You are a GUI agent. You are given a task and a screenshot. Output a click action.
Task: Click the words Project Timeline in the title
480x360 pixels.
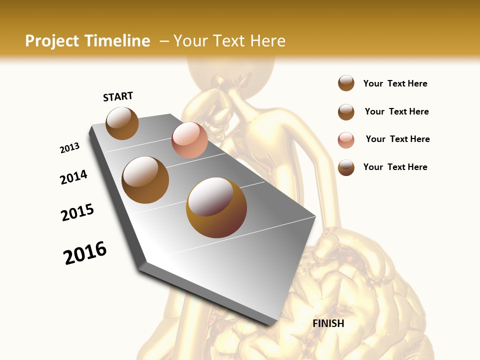pyautogui.click(x=87, y=41)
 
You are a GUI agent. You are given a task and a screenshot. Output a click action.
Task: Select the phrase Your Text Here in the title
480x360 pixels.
pyautogui.click(x=229, y=41)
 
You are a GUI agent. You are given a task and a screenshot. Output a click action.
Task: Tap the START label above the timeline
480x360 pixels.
pyautogui.click(x=118, y=96)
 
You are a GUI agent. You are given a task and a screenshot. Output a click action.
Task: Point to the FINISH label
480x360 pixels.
pyautogui.click(x=328, y=323)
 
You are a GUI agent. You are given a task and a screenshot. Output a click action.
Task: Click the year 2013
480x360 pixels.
pyautogui.click(x=69, y=148)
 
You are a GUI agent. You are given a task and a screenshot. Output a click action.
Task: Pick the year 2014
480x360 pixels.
pyautogui.click(x=73, y=177)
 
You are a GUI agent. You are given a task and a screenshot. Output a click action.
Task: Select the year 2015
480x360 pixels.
pyautogui.click(x=77, y=212)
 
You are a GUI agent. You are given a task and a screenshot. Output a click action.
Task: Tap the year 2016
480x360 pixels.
pyautogui.click(x=85, y=253)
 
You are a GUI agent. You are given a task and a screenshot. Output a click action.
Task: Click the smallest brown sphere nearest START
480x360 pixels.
pyautogui.click(x=122, y=123)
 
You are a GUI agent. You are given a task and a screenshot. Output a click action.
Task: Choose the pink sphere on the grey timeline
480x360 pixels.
pyautogui.click(x=189, y=140)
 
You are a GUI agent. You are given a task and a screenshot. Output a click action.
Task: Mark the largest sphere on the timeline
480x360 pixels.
pyautogui.click(x=216, y=207)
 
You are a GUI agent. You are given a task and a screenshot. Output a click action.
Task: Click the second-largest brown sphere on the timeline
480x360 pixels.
pyautogui.click(x=145, y=180)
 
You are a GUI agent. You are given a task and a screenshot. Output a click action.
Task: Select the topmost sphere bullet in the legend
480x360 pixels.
pyautogui.click(x=346, y=83)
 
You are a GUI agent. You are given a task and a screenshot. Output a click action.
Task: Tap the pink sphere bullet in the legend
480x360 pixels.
pyautogui.click(x=346, y=140)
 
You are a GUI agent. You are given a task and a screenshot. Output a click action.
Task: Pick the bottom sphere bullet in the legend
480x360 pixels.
pyautogui.click(x=346, y=167)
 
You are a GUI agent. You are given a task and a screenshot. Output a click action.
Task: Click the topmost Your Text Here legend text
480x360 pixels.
pyautogui.click(x=395, y=83)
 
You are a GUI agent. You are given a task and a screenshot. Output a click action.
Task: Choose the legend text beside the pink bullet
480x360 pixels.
pyautogui.click(x=397, y=139)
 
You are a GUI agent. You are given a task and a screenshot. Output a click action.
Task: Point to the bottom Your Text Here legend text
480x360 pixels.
pyautogui.click(x=395, y=167)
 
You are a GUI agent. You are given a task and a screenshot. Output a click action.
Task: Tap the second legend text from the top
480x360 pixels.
pyautogui.click(x=396, y=111)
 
